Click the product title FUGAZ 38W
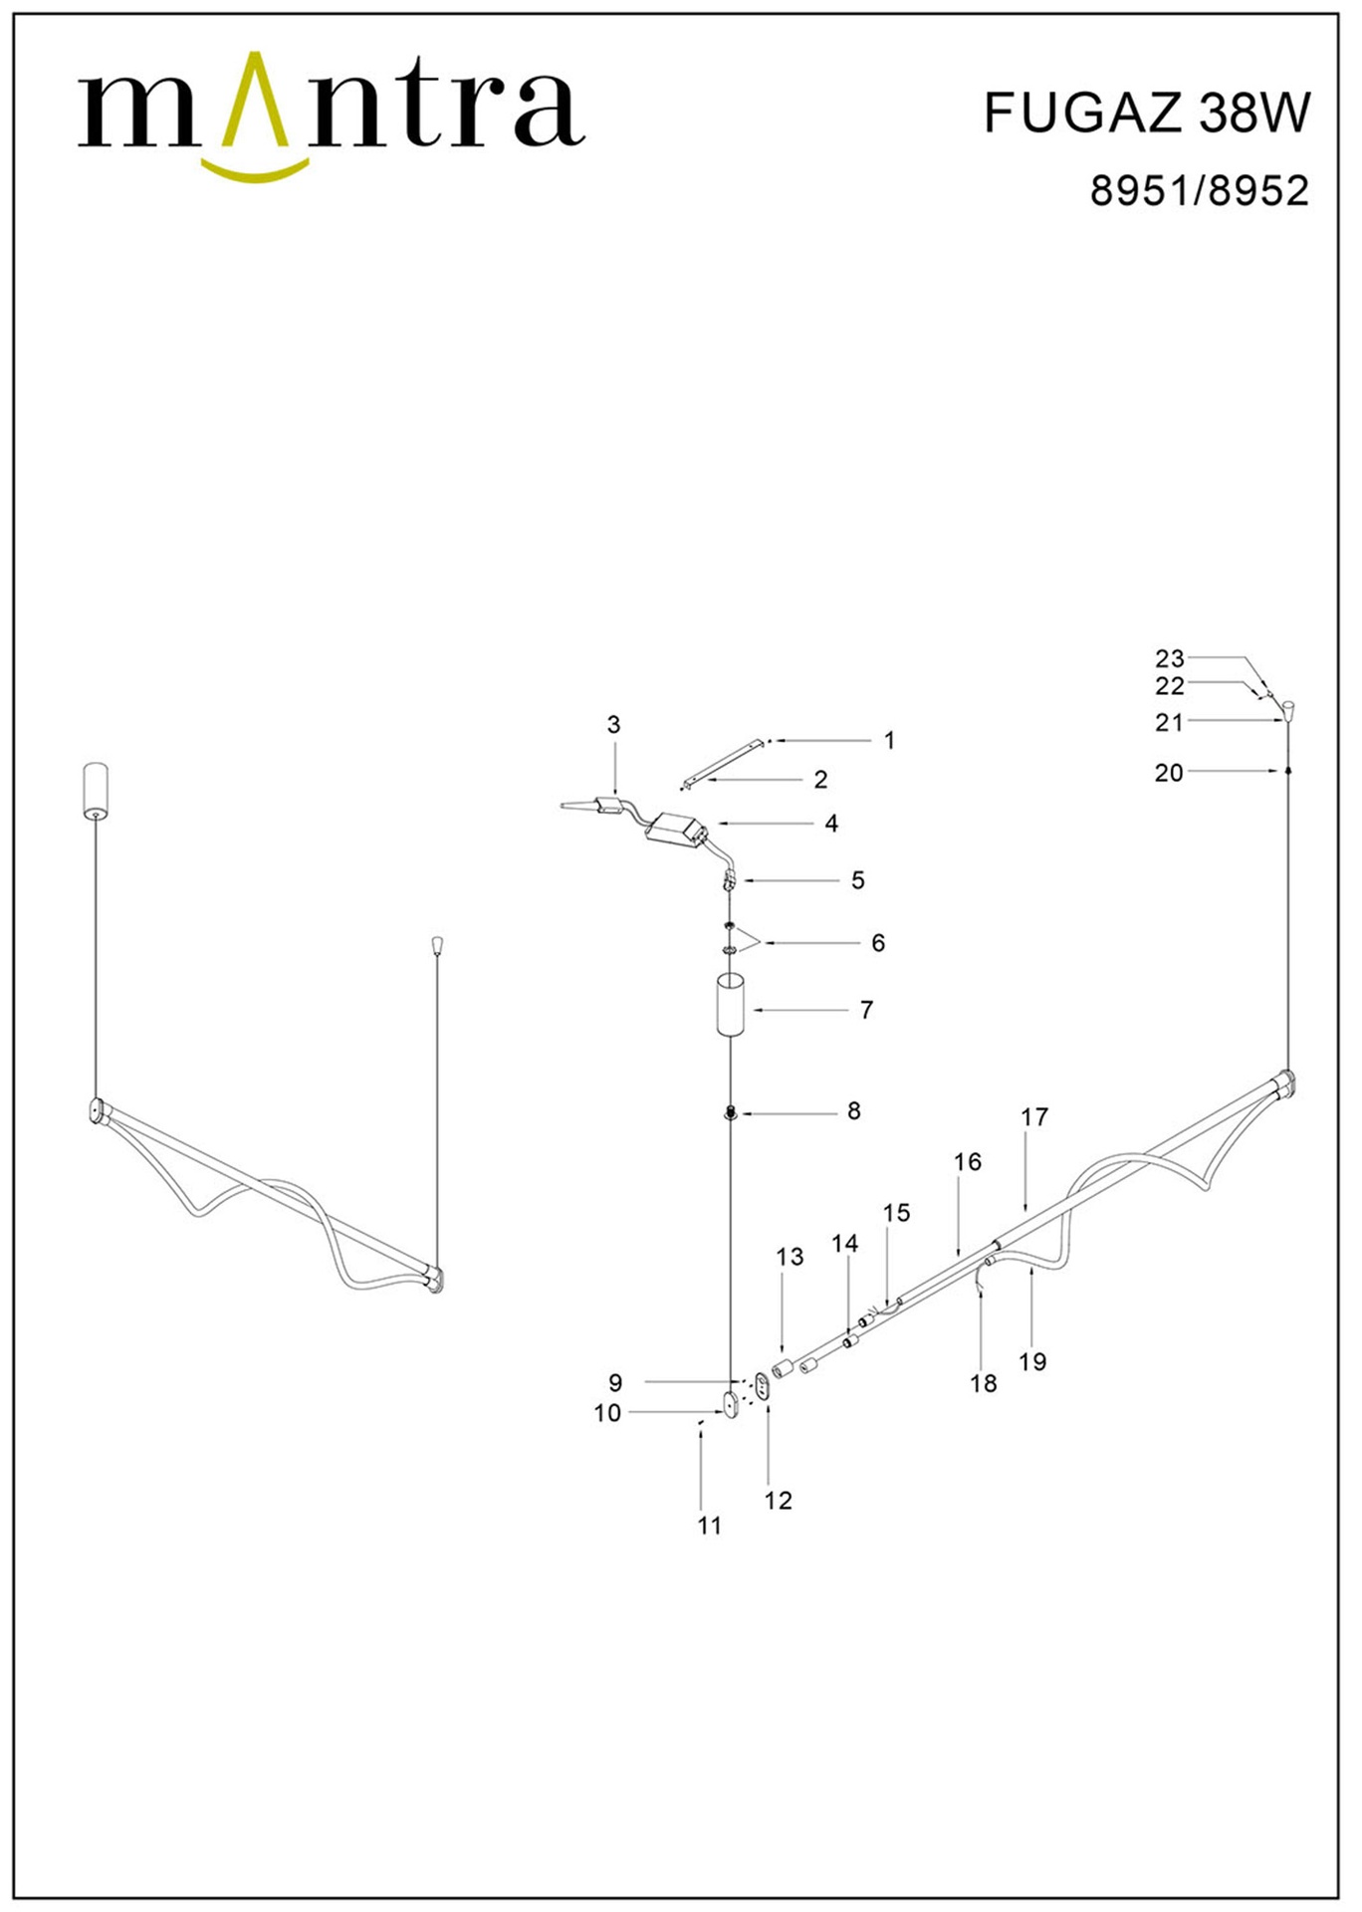click(1147, 113)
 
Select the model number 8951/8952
click(1199, 190)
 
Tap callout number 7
click(866, 1010)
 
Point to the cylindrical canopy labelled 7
click(731, 1007)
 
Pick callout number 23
click(1170, 658)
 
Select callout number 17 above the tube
click(1034, 1117)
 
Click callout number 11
click(709, 1526)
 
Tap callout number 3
click(613, 725)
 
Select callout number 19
click(1032, 1361)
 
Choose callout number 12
click(778, 1501)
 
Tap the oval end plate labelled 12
click(763, 1386)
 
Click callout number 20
click(1169, 773)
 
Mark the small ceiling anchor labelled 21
click(1288, 710)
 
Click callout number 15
click(896, 1213)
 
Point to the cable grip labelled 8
click(730, 1110)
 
